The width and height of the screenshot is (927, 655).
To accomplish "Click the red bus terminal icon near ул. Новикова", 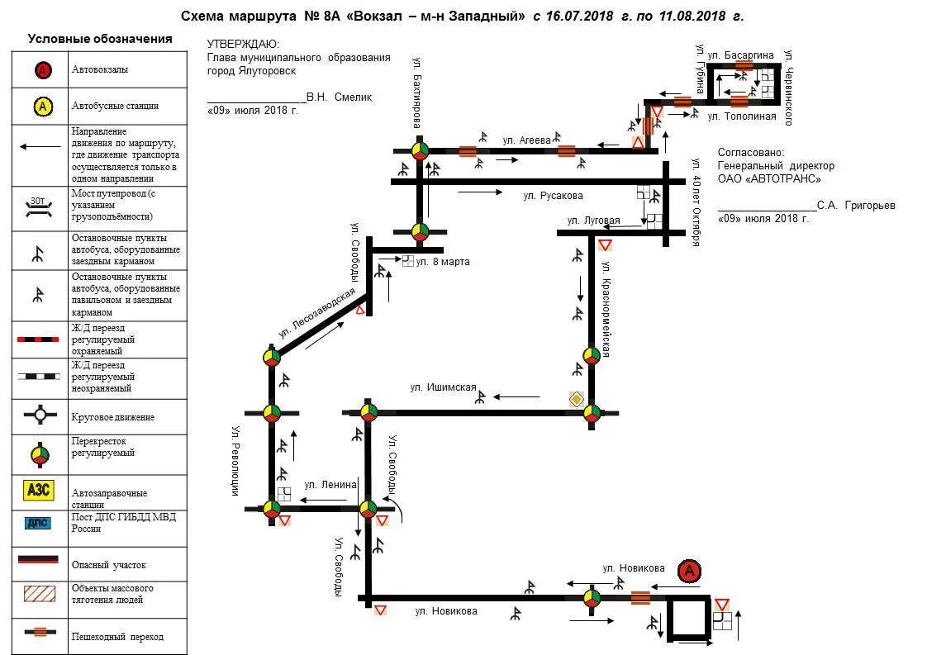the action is point(689,570).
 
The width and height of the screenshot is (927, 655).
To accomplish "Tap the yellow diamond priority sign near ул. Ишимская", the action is point(577,399).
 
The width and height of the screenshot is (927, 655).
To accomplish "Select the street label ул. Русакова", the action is point(553,196).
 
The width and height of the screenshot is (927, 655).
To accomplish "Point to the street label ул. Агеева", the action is point(526,140).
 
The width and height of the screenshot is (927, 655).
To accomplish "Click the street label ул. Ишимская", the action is point(443,387).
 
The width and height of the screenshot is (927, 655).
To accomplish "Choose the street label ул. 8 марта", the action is point(443,262).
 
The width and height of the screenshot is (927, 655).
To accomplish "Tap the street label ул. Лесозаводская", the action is point(317,313).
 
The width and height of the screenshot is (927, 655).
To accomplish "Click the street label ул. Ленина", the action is point(330,484).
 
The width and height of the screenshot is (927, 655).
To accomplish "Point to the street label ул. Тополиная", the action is point(742,116).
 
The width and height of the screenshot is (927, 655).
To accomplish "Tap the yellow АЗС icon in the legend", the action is point(38,489).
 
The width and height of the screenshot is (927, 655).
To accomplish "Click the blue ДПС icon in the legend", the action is point(38,522).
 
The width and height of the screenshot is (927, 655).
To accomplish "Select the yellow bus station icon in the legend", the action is point(43,106).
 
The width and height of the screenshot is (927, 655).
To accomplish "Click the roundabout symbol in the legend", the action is point(39,416).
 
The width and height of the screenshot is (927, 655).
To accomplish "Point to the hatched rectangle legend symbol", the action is point(38,593).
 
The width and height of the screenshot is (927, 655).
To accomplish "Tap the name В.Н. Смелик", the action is point(339,97).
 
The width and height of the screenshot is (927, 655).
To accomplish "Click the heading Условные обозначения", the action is point(100,39).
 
